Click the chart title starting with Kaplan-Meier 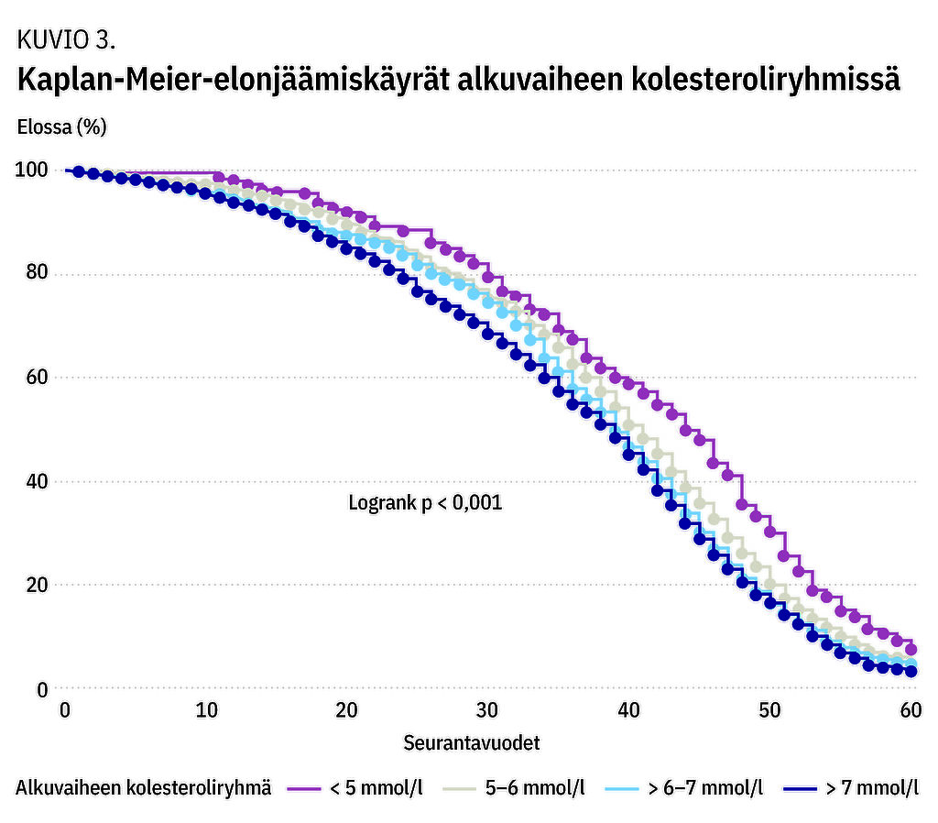[458, 81]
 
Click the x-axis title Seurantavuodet [472, 743]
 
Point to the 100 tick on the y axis [31, 170]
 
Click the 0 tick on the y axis [41, 688]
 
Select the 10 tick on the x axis [206, 711]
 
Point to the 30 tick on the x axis [488, 711]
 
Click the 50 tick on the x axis [769, 711]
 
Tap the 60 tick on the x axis [911, 711]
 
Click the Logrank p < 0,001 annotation [425, 503]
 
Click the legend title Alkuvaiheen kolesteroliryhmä [144, 788]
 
